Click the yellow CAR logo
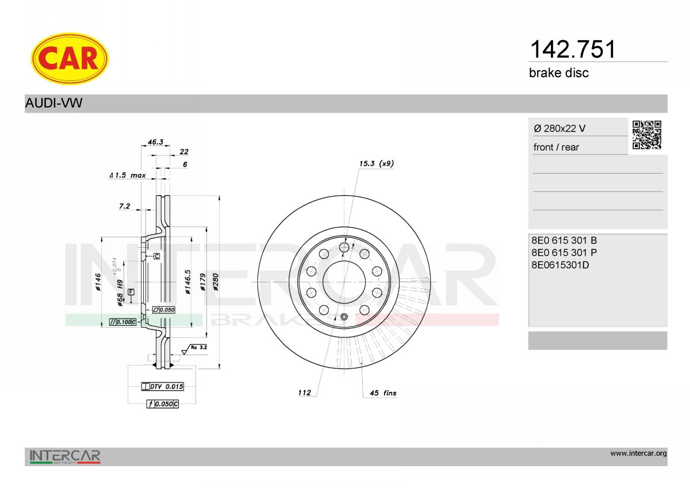tap(70, 59)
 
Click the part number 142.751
tap(572, 49)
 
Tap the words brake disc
tap(559, 73)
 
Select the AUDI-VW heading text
tap(53, 103)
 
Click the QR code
tap(647, 135)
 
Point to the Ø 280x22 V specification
tap(559, 128)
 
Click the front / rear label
tap(556, 147)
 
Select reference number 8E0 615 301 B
tap(564, 240)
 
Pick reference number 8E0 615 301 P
tap(564, 252)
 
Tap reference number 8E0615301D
tap(560, 265)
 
